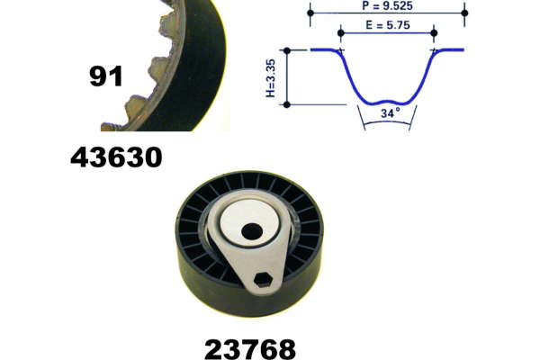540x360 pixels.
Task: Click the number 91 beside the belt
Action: coord(105,76)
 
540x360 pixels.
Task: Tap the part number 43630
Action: coord(116,157)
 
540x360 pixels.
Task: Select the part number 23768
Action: coord(250,349)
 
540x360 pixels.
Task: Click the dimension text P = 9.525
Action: coord(387,5)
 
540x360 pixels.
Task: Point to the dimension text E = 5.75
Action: coord(388,25)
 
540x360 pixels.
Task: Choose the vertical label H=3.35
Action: coord(271,78)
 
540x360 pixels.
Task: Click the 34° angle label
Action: coord(391,112)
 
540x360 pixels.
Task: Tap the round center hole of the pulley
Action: coord(252,230)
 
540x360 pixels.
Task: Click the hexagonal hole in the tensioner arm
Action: coord(264,279)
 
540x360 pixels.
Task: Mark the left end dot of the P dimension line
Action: coord(310,13)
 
